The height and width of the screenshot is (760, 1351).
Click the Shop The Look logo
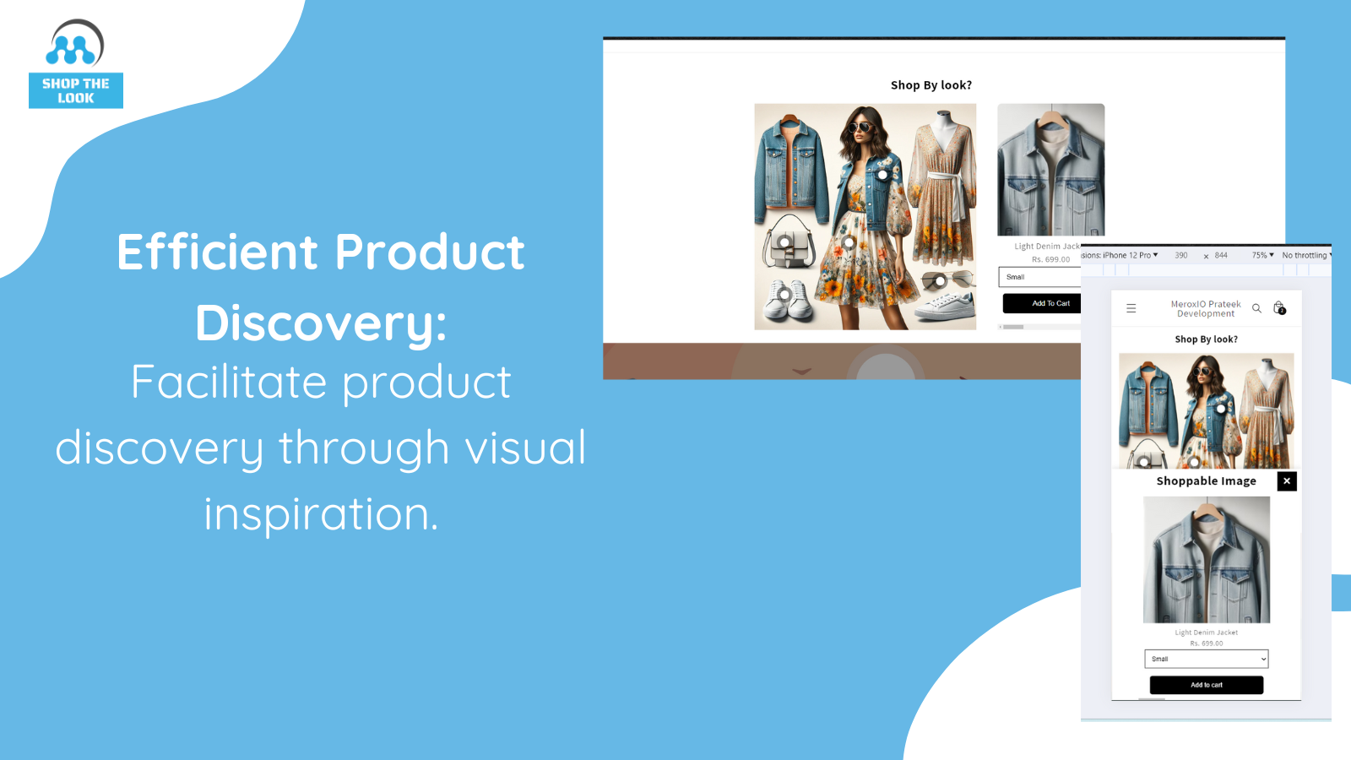pyautogui.click(x=76, y=64)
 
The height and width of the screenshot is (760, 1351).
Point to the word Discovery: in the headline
pyautogui.click(x=321, y=323)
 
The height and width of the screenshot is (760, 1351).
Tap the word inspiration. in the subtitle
pyautogui.click(x=321, y=513)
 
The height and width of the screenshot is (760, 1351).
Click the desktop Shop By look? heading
pyautogui.click(x=931, y=85)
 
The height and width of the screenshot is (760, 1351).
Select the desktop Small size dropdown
pyautogui.click(x=1039, y=277)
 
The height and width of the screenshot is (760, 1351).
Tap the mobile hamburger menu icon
pyautogui.click(x=1131, y=309)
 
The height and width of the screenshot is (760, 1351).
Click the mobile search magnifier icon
pyautogui.click(x=1256, y=309)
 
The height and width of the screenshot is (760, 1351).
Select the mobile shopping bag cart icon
pyautogui.click(x=1279, y=308)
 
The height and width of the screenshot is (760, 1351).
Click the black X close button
pyautogui.click(x=1287, y=481)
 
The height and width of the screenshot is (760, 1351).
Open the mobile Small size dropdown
pyautogui.click(x=1207, y=659)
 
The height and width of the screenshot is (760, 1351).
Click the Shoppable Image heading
pyautogui.click(x=1206, y=481)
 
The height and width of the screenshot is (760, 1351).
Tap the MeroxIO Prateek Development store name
pyautogui.click(x=1206, y=309)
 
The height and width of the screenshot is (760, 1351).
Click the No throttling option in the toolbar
pyautogui.click(x=1305, y=255)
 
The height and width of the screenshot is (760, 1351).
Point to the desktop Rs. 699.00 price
pyautogui.click(x=1050, y=260)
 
